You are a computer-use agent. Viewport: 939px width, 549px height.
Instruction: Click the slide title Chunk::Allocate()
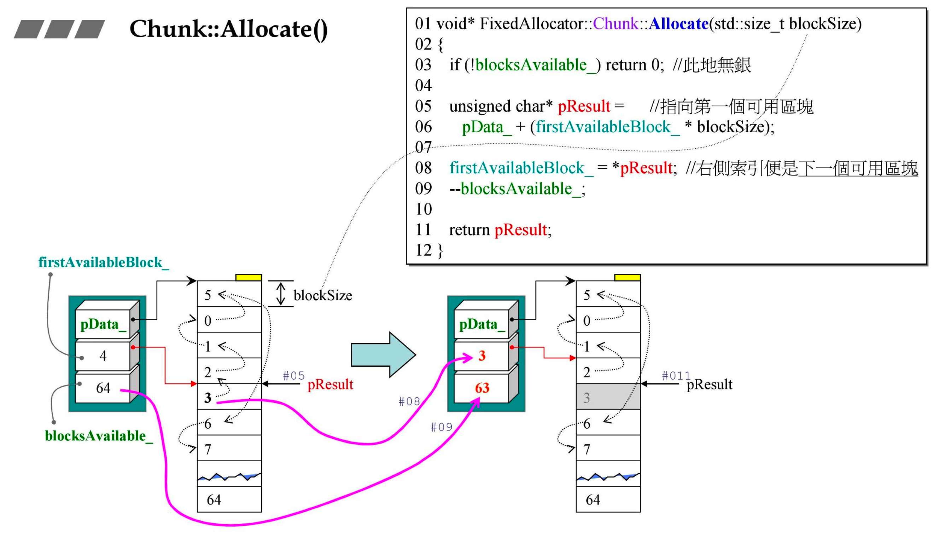[x=228, y=29]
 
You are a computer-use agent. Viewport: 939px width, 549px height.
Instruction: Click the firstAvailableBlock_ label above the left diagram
[x=104, y=262]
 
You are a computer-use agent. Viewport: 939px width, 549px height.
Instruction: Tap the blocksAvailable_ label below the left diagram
[x=99, y=436]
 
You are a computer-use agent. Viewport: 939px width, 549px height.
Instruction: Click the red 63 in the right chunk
[x=482, y=388]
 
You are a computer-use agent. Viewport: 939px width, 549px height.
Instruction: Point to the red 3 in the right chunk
[x=482, y=356]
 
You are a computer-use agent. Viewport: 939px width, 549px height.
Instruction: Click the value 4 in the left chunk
[x=103, y=356]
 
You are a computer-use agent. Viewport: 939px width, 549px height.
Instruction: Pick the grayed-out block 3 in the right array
[x=608, y=397]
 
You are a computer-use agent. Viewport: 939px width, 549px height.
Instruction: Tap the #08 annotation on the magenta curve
[x=409, y=401]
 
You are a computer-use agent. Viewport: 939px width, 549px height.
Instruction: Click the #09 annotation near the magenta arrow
[x=442, y=427]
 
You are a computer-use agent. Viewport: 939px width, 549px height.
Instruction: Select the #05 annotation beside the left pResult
[x=294, y=375]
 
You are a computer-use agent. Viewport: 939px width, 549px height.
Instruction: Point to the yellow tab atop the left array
[x=249, y=278]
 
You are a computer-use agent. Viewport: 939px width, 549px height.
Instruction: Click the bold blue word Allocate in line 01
[x=678, y=24]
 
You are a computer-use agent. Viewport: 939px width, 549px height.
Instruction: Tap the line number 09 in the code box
[x=423, y=189]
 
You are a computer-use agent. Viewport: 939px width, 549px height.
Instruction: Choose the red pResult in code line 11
[x=520, y=230]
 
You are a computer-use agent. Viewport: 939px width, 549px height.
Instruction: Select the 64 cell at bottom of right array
[x=608, y=499]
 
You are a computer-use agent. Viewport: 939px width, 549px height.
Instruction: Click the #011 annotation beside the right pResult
[x=676, y=375]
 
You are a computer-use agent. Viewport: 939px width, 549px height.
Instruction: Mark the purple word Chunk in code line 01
[x=615, y=24]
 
